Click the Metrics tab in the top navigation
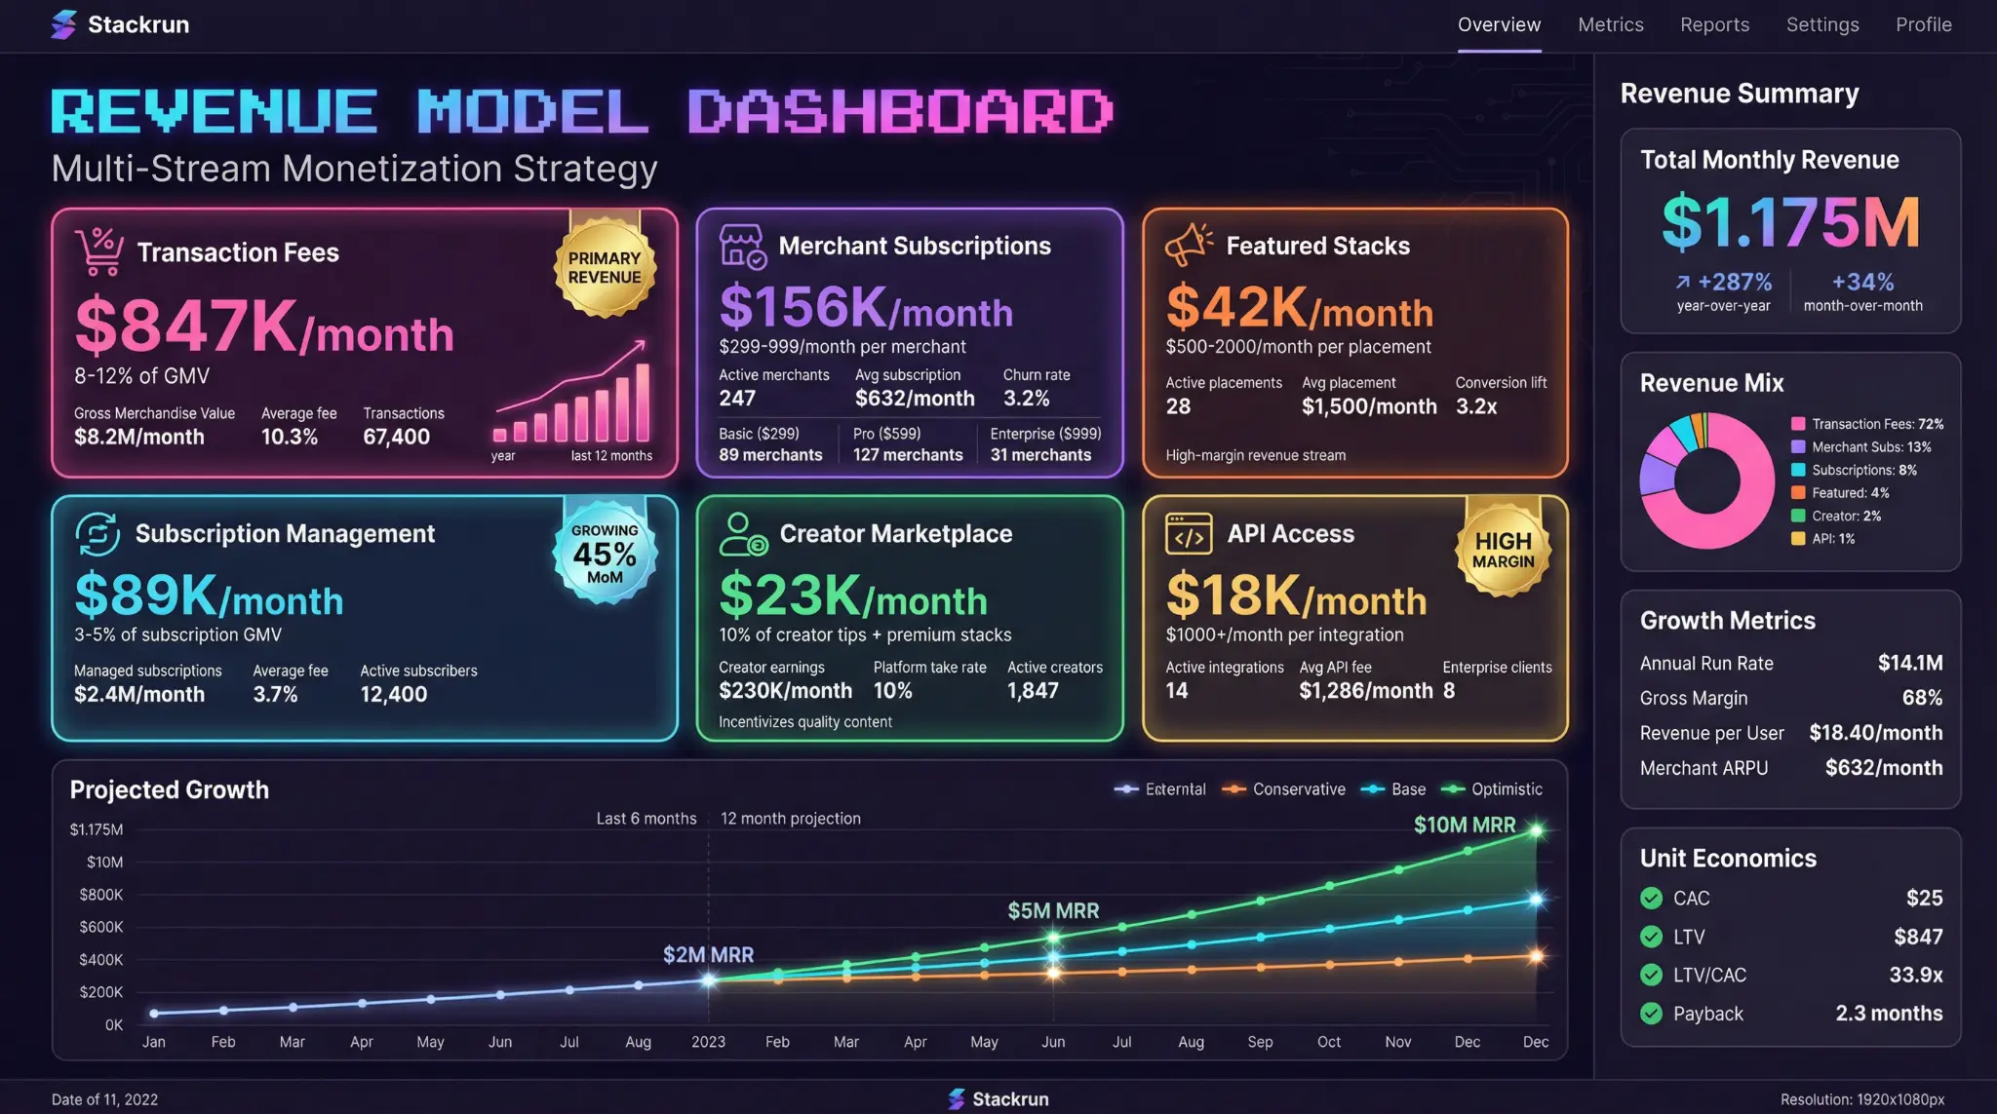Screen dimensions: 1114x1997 [1610, 25]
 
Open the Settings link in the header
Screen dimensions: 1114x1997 [1821, 25]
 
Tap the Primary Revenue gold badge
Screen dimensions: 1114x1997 [605, 268]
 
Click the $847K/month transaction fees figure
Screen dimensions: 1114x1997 [264, 327]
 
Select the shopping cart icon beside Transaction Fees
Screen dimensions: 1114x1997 [99, 251]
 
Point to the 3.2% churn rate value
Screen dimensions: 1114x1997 [1026, 399]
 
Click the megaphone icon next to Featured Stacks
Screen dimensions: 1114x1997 [1189, 245]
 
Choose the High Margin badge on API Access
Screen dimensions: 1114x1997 [1503, 550]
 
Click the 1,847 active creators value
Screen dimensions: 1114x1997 [1033, 691]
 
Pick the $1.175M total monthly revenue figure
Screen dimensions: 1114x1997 [1790, 223]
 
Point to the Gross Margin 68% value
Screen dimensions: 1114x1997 [1921, 698]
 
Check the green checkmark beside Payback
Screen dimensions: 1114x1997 [1651, 1014]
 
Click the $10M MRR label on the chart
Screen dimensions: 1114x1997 [1464, 826]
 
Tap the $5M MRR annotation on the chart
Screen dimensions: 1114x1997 [1052, 911]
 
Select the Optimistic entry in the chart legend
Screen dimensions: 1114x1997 [1506, 789]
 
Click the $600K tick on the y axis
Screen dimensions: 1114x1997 [101, 927]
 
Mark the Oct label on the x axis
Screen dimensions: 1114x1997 [1328, 1042]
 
